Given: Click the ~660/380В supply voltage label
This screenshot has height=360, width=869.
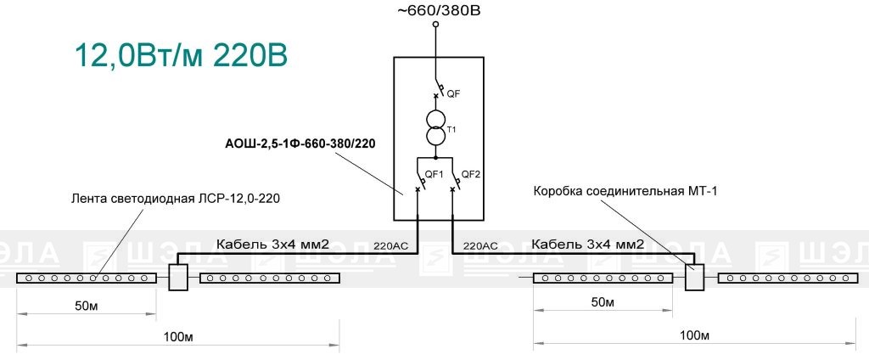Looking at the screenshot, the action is coord(435,10).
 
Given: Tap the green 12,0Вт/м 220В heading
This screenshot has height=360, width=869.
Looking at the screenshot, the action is coord(182,56).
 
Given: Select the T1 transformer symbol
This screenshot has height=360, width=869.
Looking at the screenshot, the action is coord(435,127).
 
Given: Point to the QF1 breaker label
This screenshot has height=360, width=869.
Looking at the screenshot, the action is coord(434,174).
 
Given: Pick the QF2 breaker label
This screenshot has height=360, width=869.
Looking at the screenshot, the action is coord(470,174).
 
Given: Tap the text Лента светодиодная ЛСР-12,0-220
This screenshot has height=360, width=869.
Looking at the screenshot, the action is coord(175,199).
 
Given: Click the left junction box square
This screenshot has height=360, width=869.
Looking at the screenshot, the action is coord(178,277).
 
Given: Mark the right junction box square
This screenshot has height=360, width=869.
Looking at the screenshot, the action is coord(694,277).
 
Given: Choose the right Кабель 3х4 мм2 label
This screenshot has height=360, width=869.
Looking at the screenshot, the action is coord(587,244).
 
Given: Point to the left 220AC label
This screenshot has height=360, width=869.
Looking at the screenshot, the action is coord(390,245).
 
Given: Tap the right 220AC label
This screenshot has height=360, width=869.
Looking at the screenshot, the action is coord(480,245).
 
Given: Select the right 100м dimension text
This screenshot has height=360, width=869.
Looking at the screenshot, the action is coord(693,335).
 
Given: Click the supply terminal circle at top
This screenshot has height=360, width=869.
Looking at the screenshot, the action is coord(435,25).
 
